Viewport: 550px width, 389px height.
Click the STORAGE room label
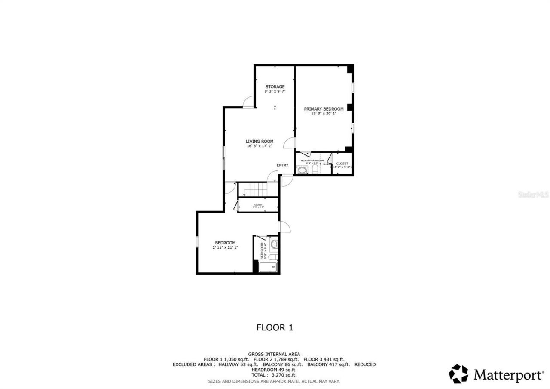tap(275, 87)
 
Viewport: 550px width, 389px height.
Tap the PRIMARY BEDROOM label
tap(324, 109)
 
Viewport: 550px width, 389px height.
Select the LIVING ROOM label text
tap(260, 141)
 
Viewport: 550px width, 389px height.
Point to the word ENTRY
tap(282, 165)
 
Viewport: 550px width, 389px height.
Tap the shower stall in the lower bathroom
tap(269, 267)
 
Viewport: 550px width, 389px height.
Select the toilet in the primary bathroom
tap(315, 170)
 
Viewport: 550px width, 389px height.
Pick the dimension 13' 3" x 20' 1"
tap(324, 114)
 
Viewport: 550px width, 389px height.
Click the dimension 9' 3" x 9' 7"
tap(275, 91)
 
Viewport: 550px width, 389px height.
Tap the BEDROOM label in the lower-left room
tap(225, 243)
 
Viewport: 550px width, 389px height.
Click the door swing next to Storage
tap(248, 102)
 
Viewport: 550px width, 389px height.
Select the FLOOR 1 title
tap(275, 327)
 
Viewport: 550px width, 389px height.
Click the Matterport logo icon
tap(458, 374)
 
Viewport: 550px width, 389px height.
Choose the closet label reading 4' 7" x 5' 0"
tap(342, 167)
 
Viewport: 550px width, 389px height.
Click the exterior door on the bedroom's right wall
tap(284, 226)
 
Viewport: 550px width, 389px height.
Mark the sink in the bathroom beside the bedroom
tap(274, 244)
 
